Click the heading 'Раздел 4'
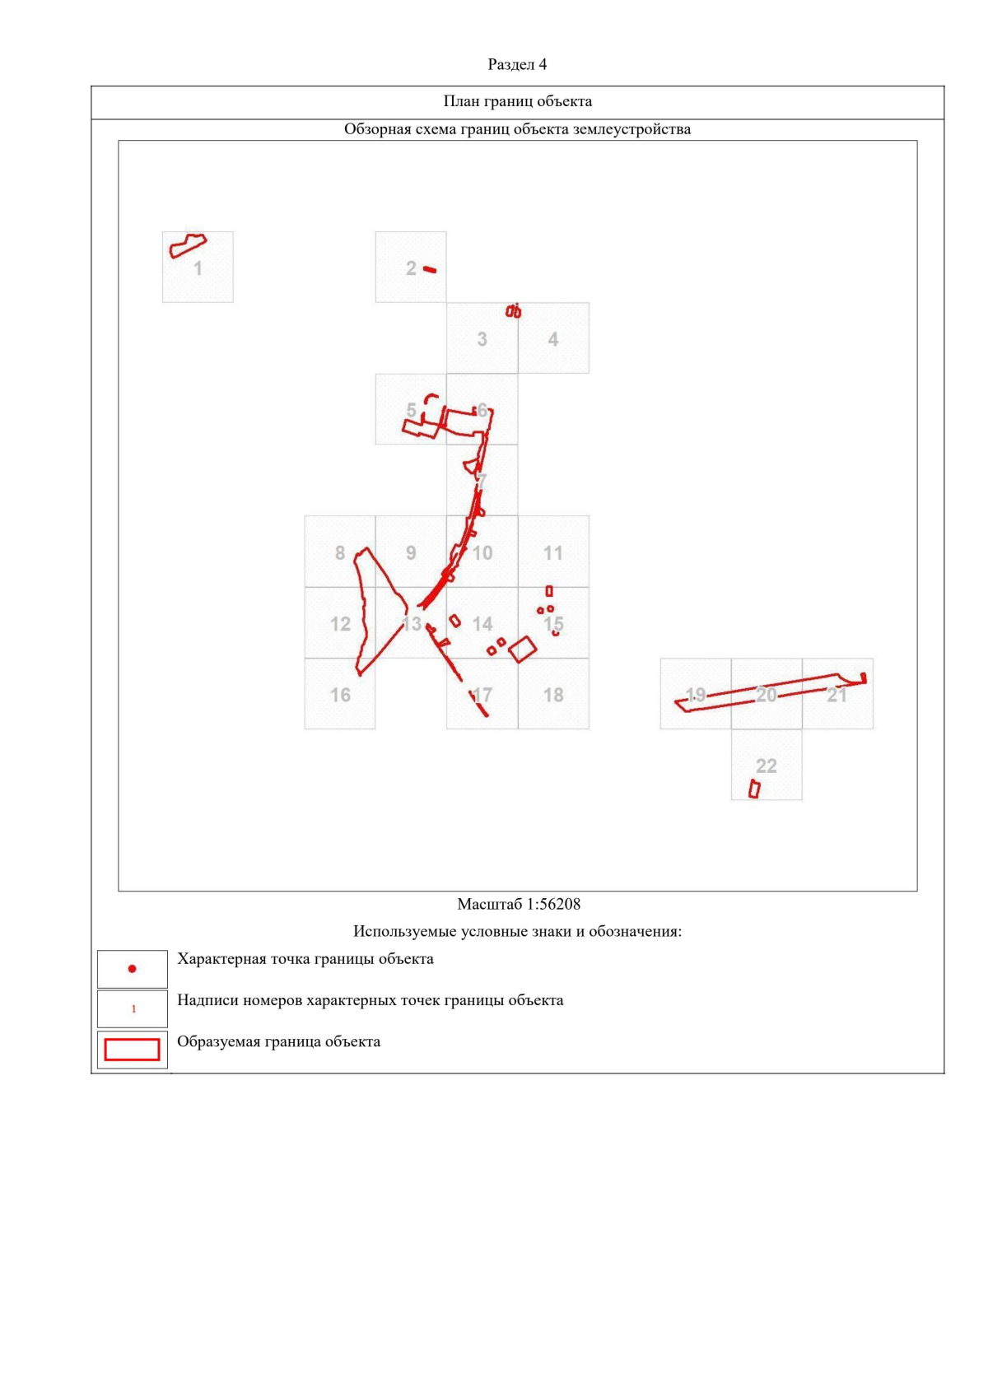517,64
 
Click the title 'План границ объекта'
517,101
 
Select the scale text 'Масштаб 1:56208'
519,904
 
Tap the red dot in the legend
132,969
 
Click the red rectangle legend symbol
132,1050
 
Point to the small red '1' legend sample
133,1008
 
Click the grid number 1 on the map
198,268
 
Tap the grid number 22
766,766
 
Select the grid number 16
340,695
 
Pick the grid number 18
553,695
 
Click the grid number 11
553,552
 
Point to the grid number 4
553,339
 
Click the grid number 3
482,339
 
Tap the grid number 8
340,552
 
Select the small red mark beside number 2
430,269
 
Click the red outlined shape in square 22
753,789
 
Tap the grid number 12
340,624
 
